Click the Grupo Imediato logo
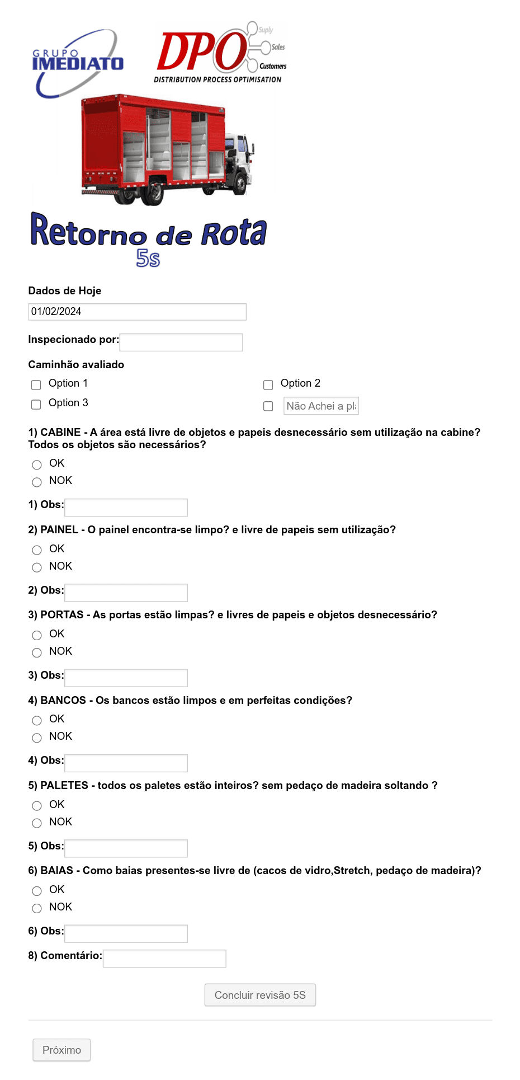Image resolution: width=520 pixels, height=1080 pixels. click(77, 63)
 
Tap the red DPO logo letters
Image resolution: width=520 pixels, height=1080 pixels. click(201, 52)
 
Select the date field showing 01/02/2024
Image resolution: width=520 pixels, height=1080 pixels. click(137, 312)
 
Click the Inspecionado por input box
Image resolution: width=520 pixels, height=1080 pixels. click(181, 342)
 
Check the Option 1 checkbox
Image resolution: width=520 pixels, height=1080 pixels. click(36, 384)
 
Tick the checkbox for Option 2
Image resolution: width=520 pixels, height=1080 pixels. click(268, 384)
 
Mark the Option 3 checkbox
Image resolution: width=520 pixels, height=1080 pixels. click(36, 404)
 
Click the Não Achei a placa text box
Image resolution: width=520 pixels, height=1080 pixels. click(321, 406)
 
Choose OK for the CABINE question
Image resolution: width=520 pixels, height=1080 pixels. click(37, 464)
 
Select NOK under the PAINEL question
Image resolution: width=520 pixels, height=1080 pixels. click(37, 567)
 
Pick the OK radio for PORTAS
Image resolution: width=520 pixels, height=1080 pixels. click(37, 635)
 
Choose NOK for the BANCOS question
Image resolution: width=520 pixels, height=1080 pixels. click(37, 738)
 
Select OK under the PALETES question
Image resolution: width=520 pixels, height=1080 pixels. click(37, 805)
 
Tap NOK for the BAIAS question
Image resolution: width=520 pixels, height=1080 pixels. click(37, 908)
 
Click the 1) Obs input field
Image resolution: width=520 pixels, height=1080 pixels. click(126, 507)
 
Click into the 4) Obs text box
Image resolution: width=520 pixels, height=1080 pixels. click(126, 763)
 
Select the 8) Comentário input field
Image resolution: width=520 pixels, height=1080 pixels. click(164, 958)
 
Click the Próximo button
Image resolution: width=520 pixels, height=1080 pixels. click(62, 1050)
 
